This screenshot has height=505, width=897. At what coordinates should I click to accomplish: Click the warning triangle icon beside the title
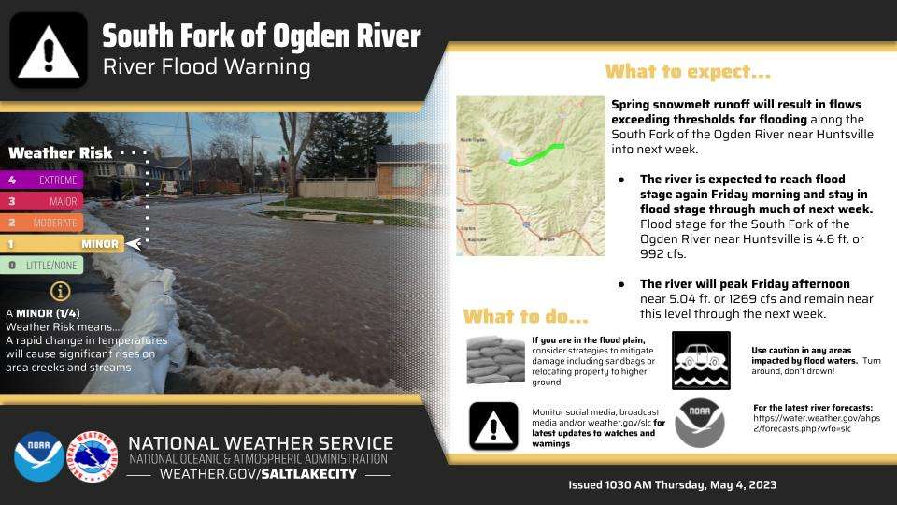49,50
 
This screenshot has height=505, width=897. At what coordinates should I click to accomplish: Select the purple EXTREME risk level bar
44,180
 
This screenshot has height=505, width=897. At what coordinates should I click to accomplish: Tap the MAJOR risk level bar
44,201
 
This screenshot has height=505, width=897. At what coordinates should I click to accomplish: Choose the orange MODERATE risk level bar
44,223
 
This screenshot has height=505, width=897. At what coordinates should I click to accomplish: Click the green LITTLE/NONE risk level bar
44,266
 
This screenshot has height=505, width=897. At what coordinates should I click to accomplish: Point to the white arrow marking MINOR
134,244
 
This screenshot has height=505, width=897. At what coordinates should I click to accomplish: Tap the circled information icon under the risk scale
61,291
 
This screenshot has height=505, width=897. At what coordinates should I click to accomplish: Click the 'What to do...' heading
525,315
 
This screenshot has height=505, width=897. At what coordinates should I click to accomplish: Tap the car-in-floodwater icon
702,360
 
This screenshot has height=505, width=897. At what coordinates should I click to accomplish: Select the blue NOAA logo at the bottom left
38,455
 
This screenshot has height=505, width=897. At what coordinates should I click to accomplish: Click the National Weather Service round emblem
94,455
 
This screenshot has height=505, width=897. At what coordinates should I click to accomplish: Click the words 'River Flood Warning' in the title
206,67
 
